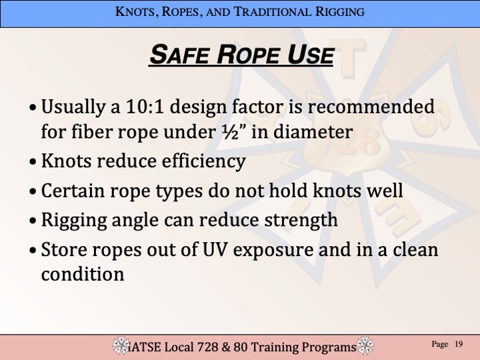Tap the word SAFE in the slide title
(x=180, y=55)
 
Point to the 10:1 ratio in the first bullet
(x=145, y=107)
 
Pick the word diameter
(x=313, y=132)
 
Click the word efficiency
(x=203, y=161)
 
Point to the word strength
(x=301, y=220)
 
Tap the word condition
(x=83, y=274)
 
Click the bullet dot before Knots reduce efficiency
(x=33, y=161)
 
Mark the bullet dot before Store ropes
(x=33, y=251)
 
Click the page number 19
(x=458, y=344)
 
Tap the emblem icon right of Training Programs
(x=365, y=345)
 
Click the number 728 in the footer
(x=208, y=347)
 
